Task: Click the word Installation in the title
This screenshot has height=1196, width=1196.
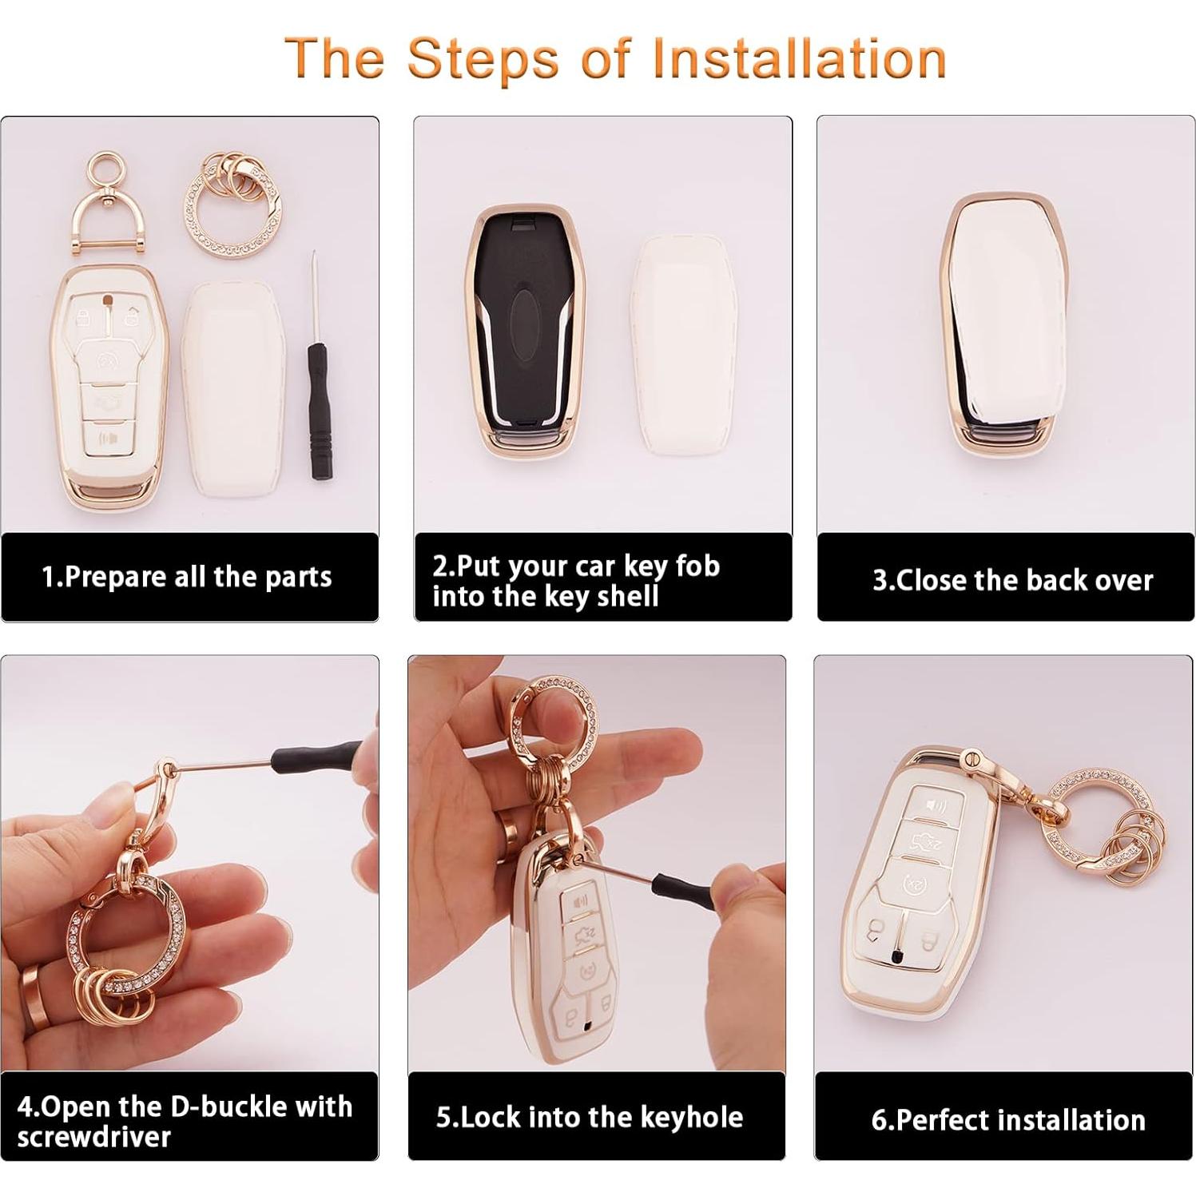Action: point(799,58)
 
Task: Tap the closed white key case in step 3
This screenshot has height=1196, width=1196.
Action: point(1003,320)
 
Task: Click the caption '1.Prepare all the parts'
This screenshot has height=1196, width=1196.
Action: point(186,577)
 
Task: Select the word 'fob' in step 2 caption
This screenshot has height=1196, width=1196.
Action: point(697,566)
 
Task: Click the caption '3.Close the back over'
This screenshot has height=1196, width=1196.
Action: point(1012,580)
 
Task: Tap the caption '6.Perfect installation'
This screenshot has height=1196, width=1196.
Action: point(1008,1120)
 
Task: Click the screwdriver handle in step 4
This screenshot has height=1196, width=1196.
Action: point(316,754)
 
